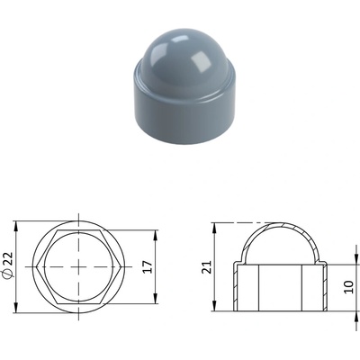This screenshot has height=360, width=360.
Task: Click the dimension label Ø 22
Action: pos(8,265)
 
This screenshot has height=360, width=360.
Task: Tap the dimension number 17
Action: pos(148,266)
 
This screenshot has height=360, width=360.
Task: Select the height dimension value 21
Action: pos(207,267)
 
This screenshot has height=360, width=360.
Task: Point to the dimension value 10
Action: pos(349,287)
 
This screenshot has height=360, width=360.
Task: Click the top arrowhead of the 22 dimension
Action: pos(16,226)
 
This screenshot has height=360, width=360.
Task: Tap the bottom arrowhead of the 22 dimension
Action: pos(16,309)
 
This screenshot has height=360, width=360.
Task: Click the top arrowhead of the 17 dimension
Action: pos(156,235)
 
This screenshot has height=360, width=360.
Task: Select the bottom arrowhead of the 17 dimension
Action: pos(156,300)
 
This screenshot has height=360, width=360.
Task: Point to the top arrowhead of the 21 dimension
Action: pos(214,228)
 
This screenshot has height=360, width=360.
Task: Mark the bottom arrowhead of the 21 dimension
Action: pos(214,307)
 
